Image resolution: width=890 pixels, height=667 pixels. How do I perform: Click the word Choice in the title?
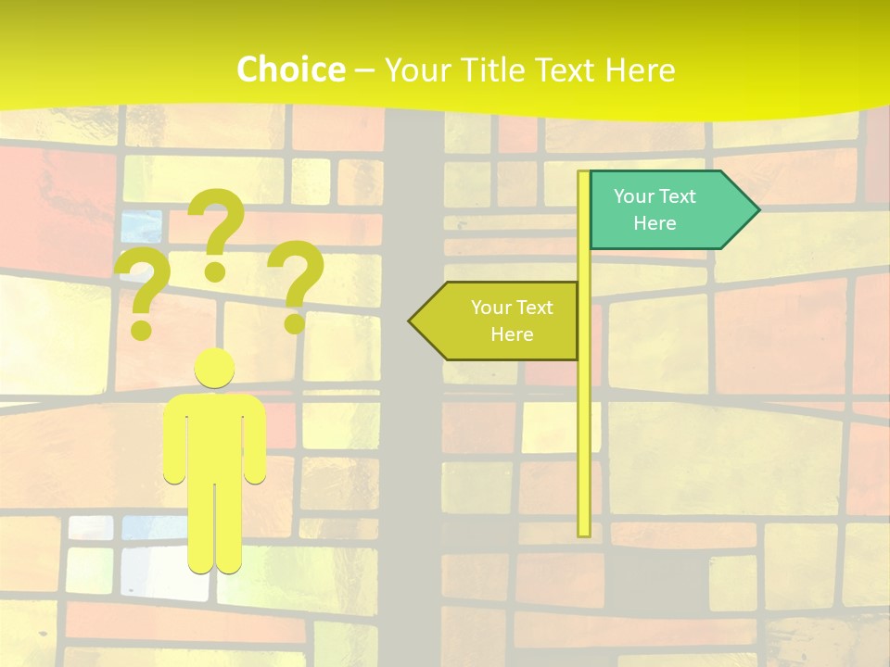289,69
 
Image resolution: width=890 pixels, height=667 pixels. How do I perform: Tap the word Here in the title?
640,70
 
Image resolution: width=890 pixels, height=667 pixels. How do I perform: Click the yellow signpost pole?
584,417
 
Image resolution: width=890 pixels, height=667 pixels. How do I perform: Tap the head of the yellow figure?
214,368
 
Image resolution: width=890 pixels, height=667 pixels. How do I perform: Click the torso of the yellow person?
214,435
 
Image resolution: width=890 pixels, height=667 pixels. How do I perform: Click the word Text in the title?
567,70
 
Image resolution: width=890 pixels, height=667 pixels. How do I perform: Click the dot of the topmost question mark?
215,271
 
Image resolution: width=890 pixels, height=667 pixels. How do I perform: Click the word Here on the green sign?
655,223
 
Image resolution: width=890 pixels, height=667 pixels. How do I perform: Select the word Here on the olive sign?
512,334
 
